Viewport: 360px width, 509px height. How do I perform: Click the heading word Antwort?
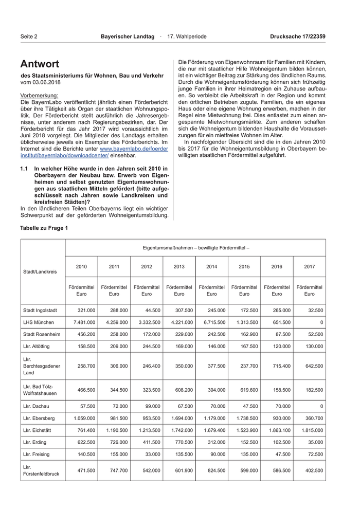pyautogui.click(x=40, y=64)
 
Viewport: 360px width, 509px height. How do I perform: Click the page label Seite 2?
pyautogui.click(x=29, y=37)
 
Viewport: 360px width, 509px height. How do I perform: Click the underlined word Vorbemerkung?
pyautogui.click(x=39, y=96)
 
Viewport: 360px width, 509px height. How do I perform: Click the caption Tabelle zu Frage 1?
pyautogui.click(x=44, y=228)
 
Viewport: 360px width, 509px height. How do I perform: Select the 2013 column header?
pyautogui.click(x=179, y=267)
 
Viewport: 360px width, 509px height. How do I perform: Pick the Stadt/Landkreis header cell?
pyautogui.click(x=40, y=271)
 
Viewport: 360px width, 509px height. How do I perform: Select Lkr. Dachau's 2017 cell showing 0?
pyautogui.click(x=321, y=406)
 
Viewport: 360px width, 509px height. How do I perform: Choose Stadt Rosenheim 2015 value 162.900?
pyautogui.click(x=244, y=333)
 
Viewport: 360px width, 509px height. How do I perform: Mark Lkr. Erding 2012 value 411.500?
pyautogui.click(x=147, y=442)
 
